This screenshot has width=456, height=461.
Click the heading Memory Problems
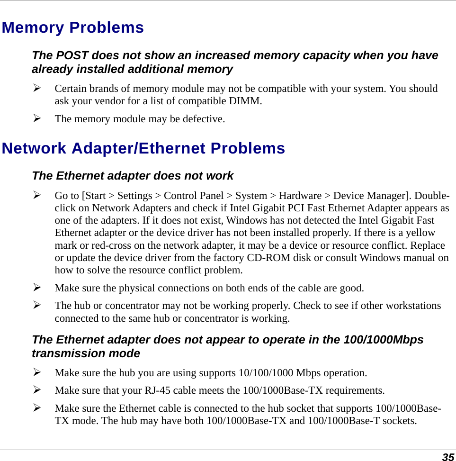72,27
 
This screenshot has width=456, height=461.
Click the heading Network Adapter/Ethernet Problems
143,148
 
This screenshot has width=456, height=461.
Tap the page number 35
447,457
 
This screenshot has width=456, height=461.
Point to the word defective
205,118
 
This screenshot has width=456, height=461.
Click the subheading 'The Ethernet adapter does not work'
132,176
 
